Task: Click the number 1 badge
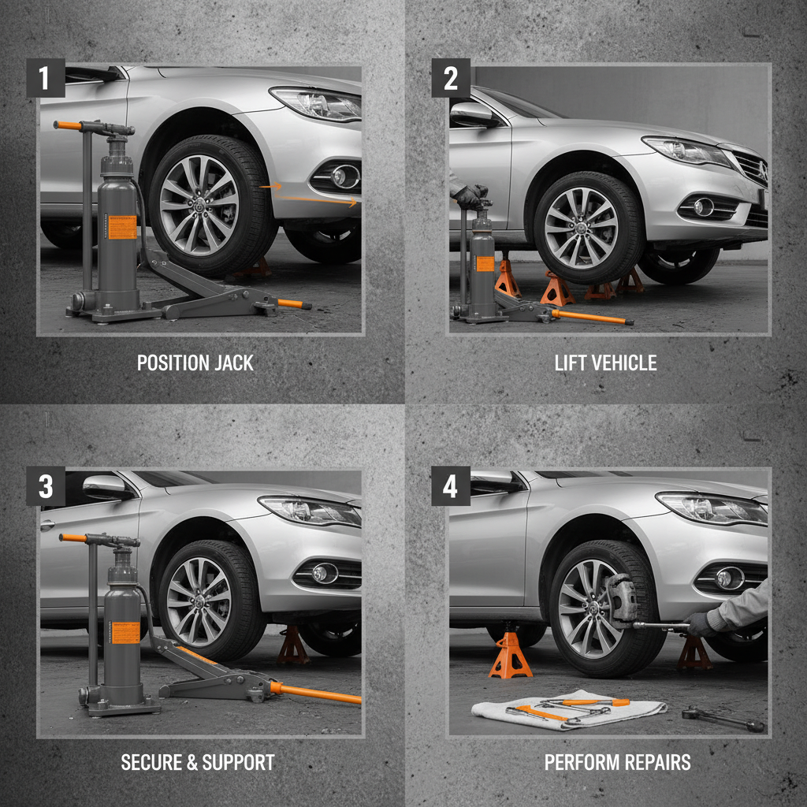45,78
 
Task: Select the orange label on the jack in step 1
121,228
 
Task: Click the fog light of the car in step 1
344,177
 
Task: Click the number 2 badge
450,78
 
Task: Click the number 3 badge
45,486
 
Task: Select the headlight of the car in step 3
311,511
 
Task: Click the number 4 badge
450,486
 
